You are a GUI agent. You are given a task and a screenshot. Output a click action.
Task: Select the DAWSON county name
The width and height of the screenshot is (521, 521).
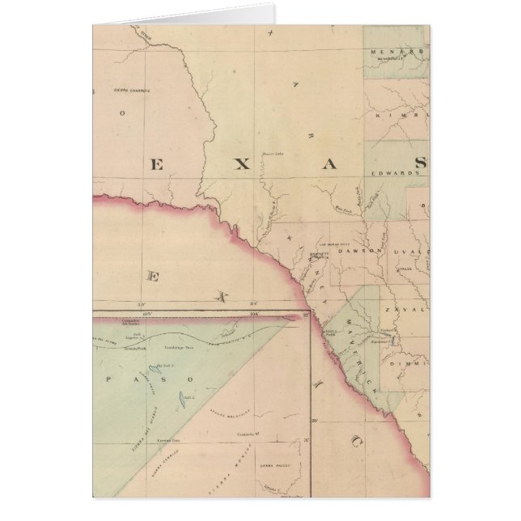[x=358, y=252]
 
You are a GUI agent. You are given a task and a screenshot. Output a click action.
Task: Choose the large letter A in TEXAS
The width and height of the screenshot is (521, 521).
[x=330, y=164]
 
